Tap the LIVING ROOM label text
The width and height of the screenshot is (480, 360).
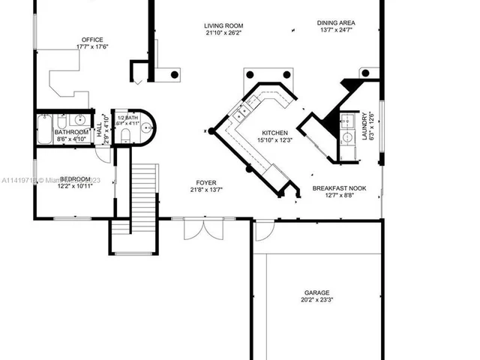click(223, 25)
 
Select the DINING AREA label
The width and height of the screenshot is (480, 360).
click(335, 22)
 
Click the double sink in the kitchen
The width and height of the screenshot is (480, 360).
click(241, 114)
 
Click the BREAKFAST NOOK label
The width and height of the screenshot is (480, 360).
click(340, 189)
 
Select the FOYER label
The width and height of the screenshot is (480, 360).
click(206, 181)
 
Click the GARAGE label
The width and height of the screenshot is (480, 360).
click(316, 293)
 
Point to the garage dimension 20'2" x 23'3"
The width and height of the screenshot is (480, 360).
click(316, 301)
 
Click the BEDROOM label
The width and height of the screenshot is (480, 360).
click(75, 178)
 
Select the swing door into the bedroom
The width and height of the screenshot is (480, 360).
click(103, 154)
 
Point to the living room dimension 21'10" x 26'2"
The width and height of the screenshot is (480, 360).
click(223, 33)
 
